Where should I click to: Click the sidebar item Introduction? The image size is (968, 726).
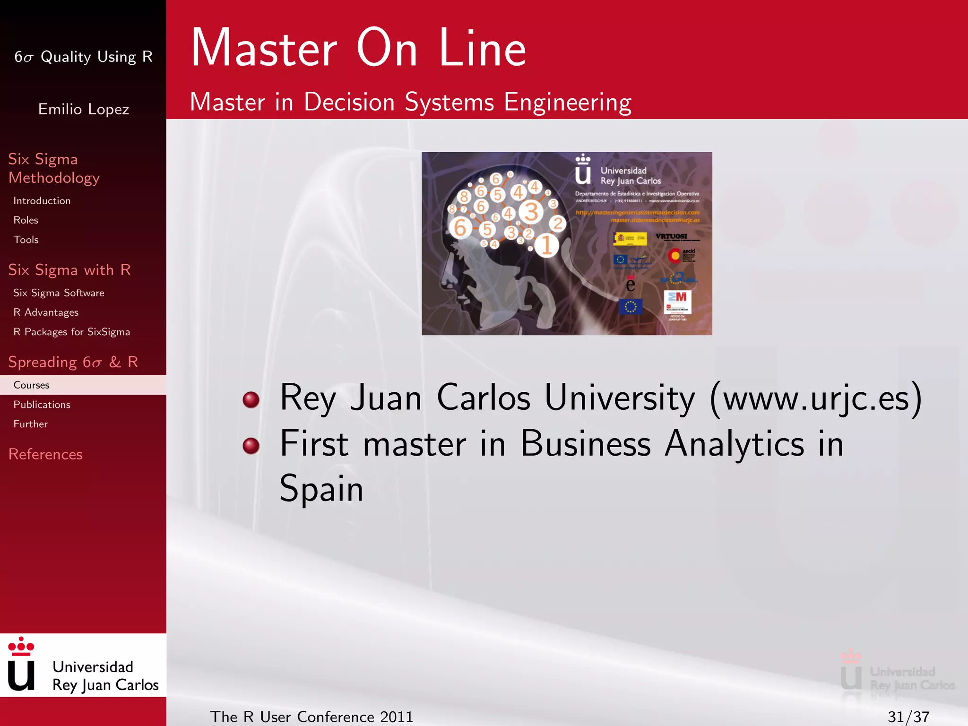point(42,201)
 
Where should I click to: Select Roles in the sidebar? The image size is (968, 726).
point(26,220)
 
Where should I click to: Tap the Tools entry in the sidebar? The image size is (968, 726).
point(26,240)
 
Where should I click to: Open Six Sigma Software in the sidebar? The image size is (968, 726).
point(59,293)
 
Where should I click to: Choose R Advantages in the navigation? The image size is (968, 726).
point(46,312)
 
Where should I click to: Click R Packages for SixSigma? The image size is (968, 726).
point(71,332)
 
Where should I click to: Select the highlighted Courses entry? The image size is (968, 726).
point(31,385)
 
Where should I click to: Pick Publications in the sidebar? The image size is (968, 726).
point(42,405)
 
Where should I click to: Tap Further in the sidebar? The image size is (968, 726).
point(30,424)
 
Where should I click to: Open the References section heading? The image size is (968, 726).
point(45,454)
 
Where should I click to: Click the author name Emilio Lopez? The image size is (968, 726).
point(84,109)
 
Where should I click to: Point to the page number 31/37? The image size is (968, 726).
point(908,717)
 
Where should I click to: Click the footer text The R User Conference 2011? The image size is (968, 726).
point(311,717)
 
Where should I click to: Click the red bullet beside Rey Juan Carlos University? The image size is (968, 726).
point(251,399)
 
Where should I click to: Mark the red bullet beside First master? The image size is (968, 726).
point(251,445)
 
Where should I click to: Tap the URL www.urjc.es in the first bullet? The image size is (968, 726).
point(816,398)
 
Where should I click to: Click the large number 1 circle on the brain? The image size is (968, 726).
point(547,245)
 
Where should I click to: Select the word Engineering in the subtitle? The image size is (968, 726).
point(568,102)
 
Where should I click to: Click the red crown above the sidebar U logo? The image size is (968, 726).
point(21,646)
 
